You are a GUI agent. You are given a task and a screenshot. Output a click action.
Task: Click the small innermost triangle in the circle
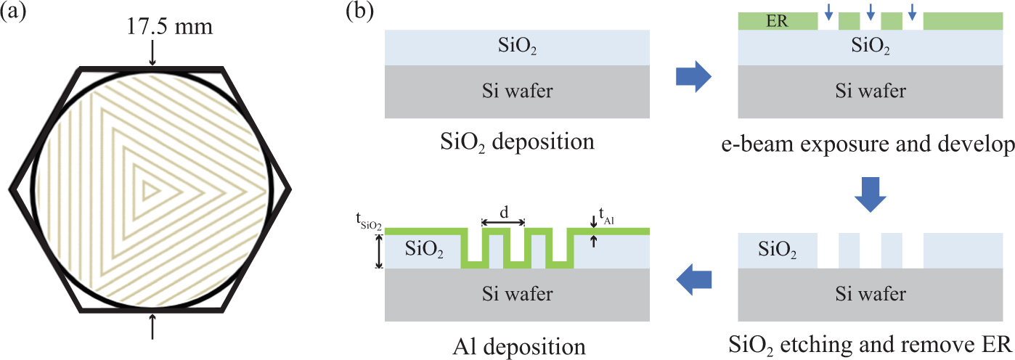click(x=150, y=190)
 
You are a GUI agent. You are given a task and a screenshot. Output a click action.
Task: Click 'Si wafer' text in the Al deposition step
click(x=516, y=294)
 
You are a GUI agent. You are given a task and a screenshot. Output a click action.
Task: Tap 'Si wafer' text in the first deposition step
click(x=516, y=91)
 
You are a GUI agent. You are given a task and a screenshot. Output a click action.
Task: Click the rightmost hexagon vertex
click(x=290, y=190)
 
